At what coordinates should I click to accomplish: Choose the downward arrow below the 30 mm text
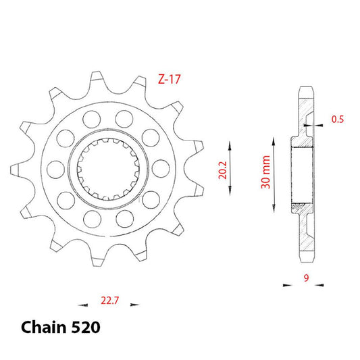point(273,205)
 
